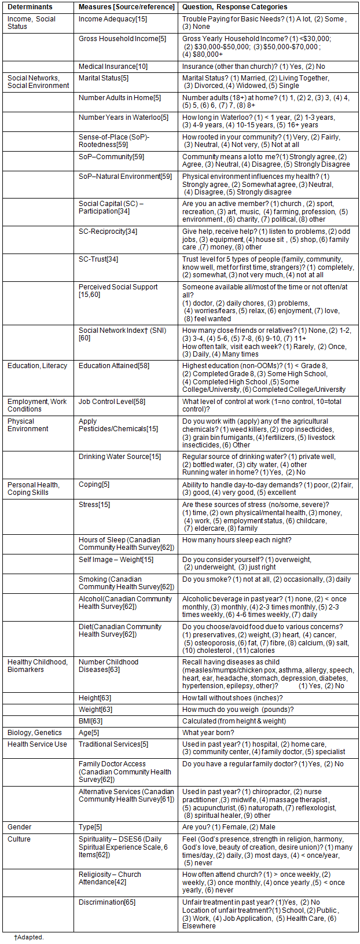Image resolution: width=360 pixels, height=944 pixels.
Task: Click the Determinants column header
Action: [30, 7]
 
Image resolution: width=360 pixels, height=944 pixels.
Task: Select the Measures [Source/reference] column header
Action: [126, 7]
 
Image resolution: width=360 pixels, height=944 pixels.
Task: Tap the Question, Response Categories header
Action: [234, 7]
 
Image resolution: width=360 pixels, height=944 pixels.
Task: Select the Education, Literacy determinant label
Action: [37, 366]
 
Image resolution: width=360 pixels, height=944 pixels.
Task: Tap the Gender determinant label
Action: [20, 827]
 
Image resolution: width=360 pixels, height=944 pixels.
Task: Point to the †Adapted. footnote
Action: [29, 936]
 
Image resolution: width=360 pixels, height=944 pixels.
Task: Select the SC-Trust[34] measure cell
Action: [98, 259]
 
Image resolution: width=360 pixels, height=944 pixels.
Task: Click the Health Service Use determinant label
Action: [37, 744]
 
